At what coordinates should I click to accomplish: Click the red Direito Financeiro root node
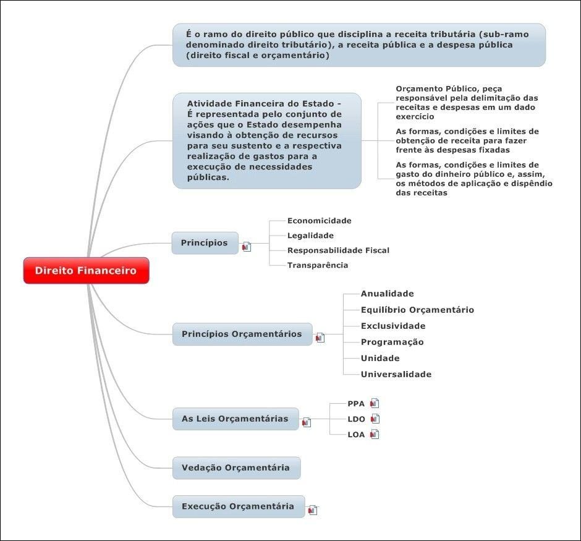[x=86, y=271]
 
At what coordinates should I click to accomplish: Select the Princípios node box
[x=205, y=243]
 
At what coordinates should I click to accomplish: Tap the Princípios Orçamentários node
[x=242, y=334]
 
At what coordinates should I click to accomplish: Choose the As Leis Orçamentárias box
[x=235, y=419]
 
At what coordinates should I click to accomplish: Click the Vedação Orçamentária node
[x=236, y=467]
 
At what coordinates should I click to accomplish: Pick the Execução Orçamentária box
[x=238, y=506]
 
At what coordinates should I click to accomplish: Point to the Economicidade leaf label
[x=319, y=221]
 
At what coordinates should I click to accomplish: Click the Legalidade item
[x=310, y=236]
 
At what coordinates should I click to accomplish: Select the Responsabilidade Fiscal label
[x=338, y=250]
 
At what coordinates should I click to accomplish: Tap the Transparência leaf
[x=318, y=265]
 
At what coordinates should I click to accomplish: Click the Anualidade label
[x=387, y=294]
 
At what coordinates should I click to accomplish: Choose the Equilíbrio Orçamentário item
[x=417, y=310]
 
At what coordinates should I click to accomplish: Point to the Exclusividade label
[x=393, y=326]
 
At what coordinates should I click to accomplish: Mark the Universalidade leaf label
[x=396, y=374]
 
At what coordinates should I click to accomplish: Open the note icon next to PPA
[x=374, y=403]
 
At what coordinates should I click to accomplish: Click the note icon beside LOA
[x=374, y=434]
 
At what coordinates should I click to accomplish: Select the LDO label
[x=356, y=419]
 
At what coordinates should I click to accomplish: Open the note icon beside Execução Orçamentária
[x=313, y=510]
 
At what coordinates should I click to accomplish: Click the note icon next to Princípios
[x=247, y=247]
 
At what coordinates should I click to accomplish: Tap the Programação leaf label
[x=392, y=342]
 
